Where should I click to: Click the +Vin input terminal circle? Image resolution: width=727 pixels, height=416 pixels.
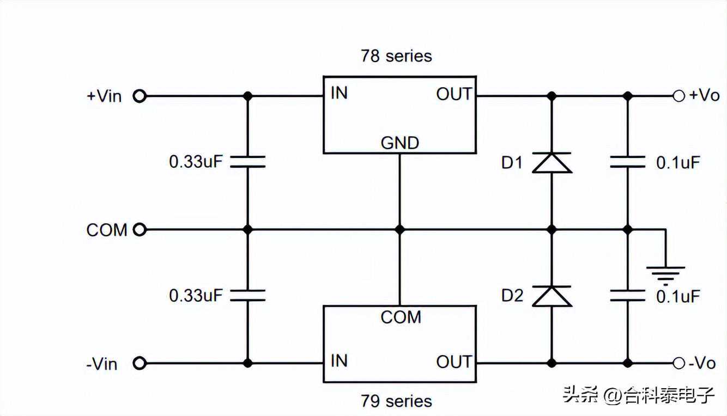pos(140,96)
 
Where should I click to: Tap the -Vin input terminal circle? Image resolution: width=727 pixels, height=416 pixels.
pos(140,363)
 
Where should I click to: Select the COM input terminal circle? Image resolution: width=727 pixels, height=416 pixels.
pos(140,230)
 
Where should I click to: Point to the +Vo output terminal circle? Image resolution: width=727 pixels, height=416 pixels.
pos(678,96)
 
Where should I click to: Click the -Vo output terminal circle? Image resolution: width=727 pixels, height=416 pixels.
pos(678,363)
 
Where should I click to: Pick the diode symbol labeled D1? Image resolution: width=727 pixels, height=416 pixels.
pos(552,163)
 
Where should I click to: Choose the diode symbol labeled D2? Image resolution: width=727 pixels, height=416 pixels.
pos(552,296)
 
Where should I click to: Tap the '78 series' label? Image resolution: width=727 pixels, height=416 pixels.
pos(396,56)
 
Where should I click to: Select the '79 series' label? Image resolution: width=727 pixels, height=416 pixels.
pos(396,401)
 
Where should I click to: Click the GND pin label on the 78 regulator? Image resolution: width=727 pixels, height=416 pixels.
pos(399,143)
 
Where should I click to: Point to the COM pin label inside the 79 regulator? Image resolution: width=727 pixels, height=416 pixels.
pos(401,317)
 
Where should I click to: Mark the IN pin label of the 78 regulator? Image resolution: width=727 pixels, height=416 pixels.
pos(339,94)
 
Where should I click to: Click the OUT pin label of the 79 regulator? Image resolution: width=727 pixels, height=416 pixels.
pos(453,362)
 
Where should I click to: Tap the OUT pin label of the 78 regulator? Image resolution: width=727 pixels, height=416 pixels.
pos(453,94)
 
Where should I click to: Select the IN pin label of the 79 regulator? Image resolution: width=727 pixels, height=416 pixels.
pos(339,361)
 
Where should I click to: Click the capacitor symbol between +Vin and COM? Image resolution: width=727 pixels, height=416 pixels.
pos(247,162)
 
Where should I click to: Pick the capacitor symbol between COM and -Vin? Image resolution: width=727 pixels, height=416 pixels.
pos(247,296)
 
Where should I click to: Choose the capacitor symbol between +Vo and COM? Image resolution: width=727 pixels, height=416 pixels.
pos(628,162)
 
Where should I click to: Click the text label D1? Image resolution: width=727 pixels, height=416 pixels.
pos(512,163)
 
